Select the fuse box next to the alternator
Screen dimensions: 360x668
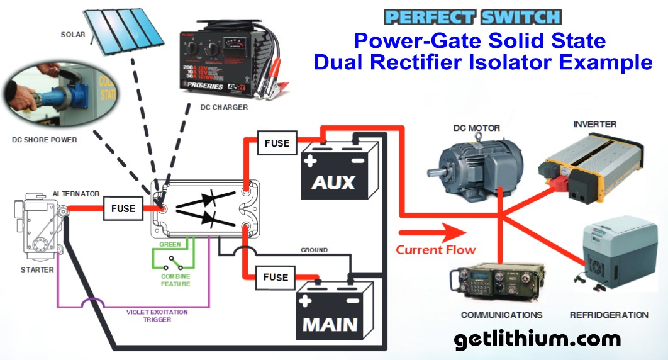coord(123,208)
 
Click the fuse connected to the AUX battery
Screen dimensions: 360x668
coord(276,143)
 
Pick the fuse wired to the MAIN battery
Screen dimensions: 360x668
coord(276,277)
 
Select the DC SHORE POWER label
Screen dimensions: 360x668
coord(45,140)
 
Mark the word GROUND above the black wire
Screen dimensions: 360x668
coord(314,250)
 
